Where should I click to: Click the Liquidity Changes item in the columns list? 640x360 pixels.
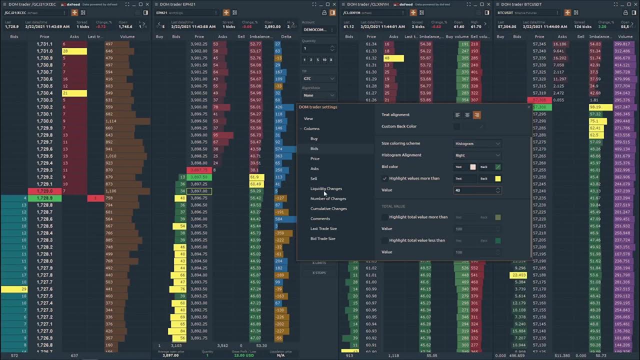[326, 188]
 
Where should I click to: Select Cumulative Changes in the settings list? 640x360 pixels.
[328, 208]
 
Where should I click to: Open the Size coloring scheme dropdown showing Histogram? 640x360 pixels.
[477, 143]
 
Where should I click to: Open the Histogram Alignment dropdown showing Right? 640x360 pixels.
[477, 155]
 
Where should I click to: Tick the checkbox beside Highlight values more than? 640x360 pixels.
[384, 178]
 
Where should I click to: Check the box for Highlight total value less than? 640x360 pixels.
[384, 240]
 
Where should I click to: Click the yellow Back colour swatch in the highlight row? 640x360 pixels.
[497, 178]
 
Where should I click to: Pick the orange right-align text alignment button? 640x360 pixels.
[476, 115]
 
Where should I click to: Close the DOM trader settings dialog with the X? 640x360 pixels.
[529, 107]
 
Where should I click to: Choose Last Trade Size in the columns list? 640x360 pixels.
[323, 228]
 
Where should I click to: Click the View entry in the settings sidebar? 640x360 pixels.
[308, 118]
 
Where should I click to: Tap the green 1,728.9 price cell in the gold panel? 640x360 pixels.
[44, 198]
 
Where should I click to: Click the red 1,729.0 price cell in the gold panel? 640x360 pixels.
[44, 191]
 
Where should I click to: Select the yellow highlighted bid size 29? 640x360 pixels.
[14, 289]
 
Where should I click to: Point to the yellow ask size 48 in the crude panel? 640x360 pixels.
[393, 58]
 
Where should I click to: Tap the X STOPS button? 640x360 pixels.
[319, 272]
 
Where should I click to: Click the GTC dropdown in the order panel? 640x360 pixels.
[318, 78]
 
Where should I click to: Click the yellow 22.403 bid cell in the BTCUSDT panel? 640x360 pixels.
[518, 275]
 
